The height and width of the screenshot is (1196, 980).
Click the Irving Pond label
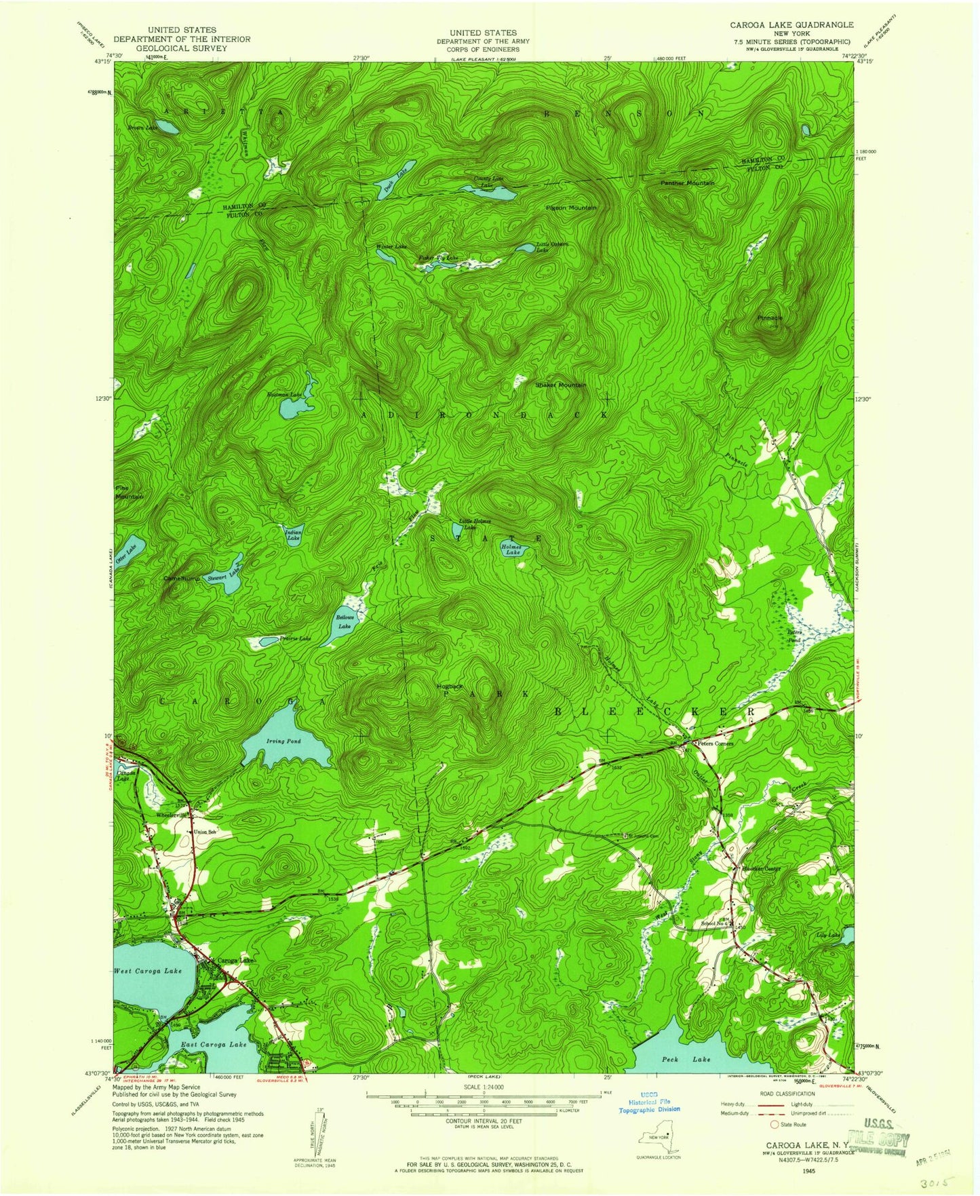[284, 741]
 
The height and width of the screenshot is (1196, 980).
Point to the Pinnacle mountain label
[770, 317]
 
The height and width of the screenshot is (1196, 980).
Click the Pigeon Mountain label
[571, 207]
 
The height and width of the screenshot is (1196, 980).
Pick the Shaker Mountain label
[560, 385]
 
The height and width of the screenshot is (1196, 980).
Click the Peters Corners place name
[716, 744]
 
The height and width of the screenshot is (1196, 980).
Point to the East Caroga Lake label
[214, 1045]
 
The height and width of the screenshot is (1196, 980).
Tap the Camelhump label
[180, 579]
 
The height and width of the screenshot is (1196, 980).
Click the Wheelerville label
[170, 814]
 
